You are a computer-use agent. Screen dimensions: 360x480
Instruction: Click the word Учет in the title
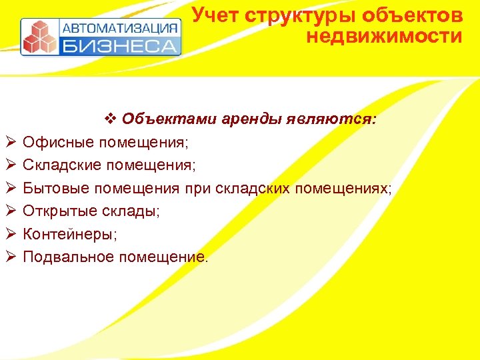click(x=215, y=15)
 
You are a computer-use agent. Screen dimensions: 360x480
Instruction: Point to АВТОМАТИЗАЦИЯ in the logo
click(x=121, y=28)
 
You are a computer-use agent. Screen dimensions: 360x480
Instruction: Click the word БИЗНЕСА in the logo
click(x=121, y=46)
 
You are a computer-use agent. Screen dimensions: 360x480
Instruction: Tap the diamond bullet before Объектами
click(x=111, y=119)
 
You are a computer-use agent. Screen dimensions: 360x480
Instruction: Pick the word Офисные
click(x=58, y=142)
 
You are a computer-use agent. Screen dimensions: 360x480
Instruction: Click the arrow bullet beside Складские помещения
click(x=9, y=165)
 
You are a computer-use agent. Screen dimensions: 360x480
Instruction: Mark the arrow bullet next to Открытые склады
click(x=9, y=211)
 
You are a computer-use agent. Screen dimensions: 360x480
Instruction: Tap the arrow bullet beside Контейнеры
click(x=9, y=234)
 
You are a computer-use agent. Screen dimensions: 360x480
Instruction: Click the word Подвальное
click(x=68, y=257)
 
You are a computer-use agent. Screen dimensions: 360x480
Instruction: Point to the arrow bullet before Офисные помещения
click(x=9, y=142)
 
